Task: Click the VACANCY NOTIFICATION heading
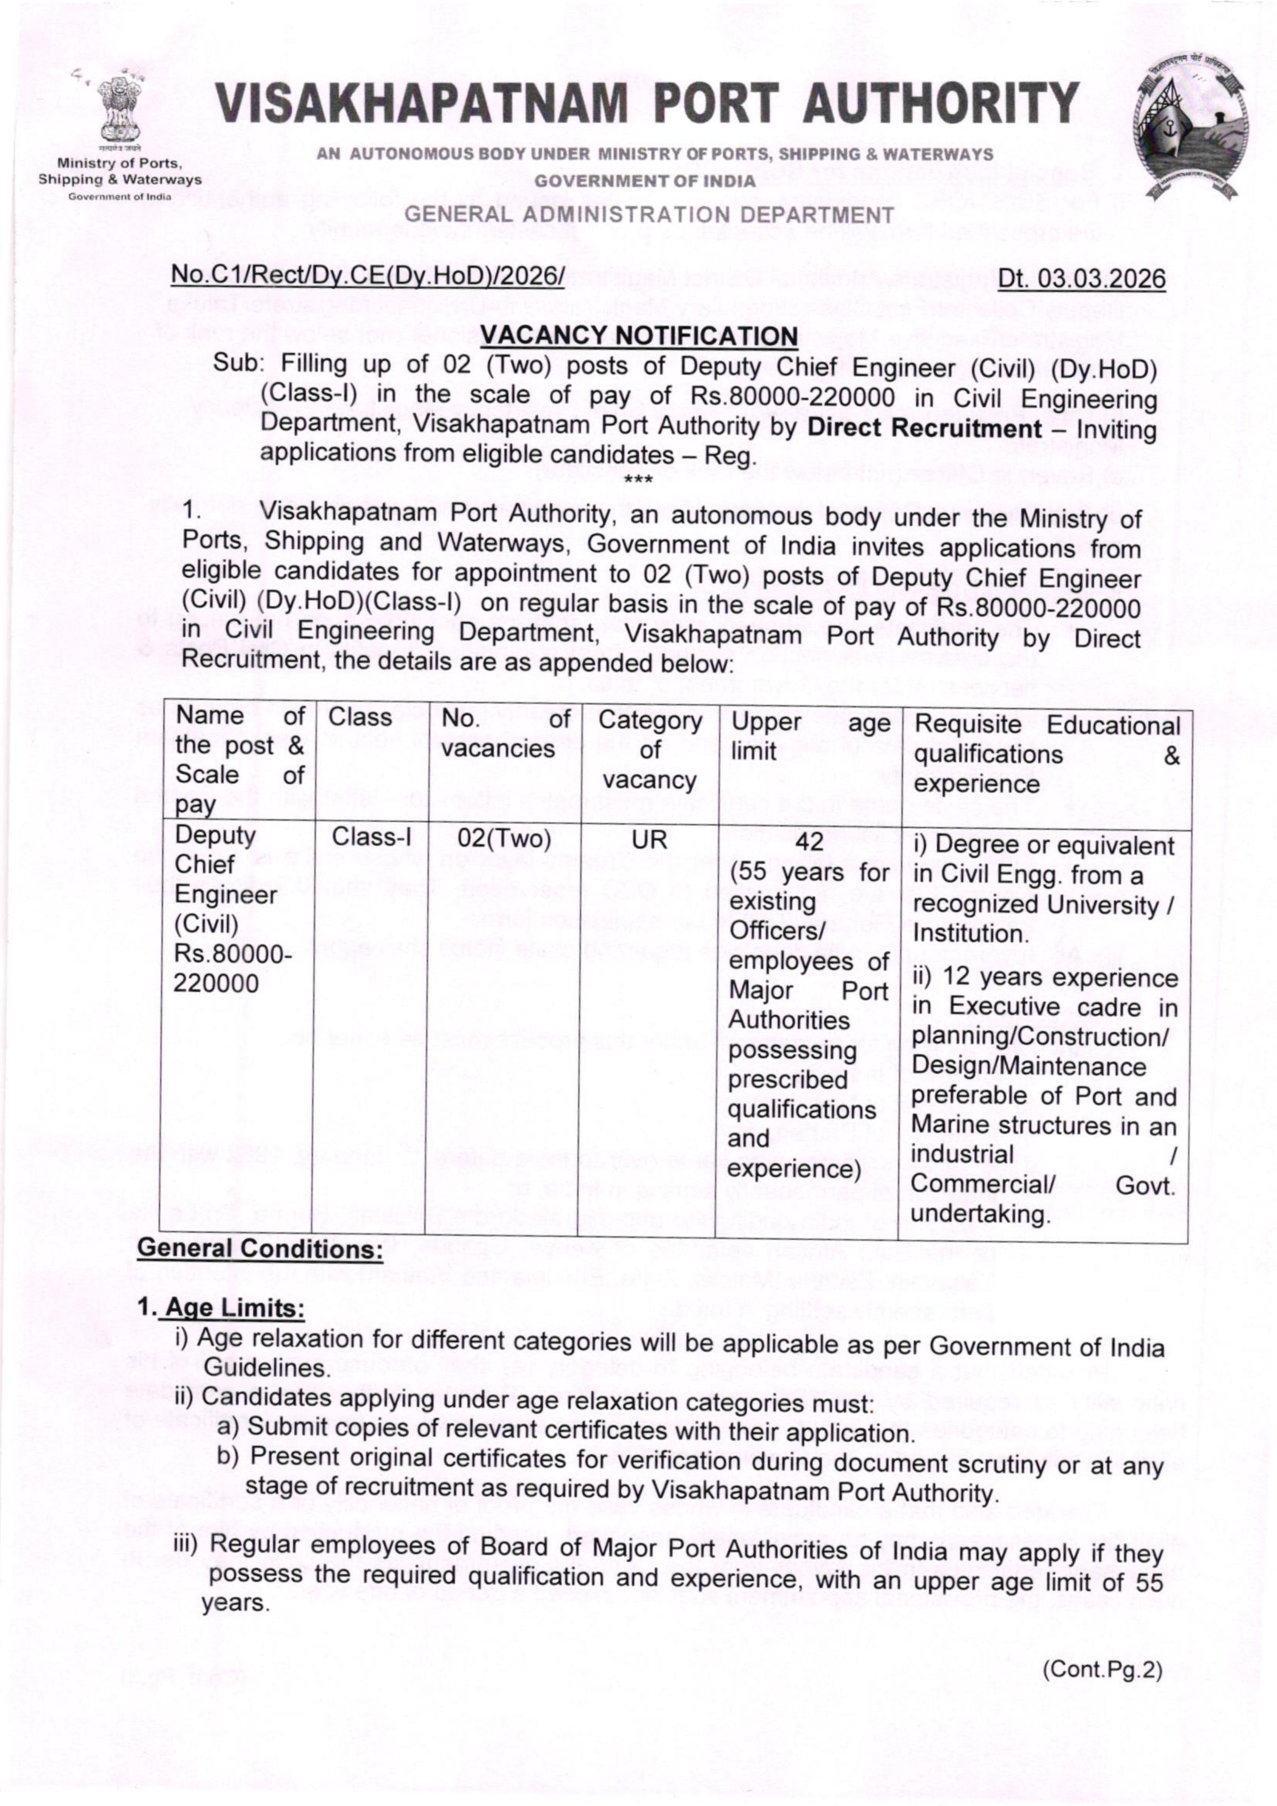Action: click(x=639, y=337)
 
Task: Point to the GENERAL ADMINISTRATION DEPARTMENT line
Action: click(x=649, y=214)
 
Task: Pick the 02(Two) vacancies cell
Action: click(x=504, y=839)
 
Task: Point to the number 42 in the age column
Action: click(x=808, y=842)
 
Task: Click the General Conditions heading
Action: click(x=260, y=1248)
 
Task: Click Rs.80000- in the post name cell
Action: click(x=232, y=954)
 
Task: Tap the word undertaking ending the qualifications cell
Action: click(x=980, y=1214)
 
